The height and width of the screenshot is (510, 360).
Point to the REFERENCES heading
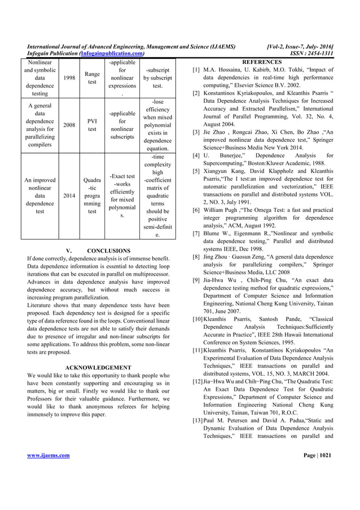click(x=261, y=62)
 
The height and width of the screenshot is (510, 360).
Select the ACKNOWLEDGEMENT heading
click(x=99, y=368)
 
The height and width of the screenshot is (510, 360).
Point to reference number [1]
click(x=196, y=70)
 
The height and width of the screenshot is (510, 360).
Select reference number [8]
click(x=196, y=257)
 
